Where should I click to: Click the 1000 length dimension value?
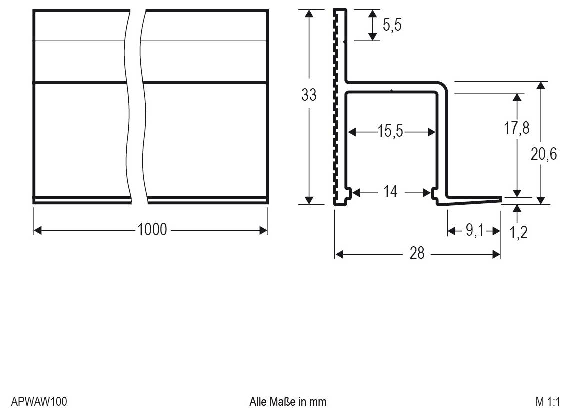pos(152,230)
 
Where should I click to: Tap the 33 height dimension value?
pos(309,95)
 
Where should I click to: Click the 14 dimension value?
pos(391,192)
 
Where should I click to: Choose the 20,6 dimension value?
pos(544,155)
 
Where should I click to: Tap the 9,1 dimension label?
pos(472,231)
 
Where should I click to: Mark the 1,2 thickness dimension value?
pos(519,232)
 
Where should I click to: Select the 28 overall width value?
pos(417,254)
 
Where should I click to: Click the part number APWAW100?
pos(39,401)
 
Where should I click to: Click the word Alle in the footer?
pos(258,401)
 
